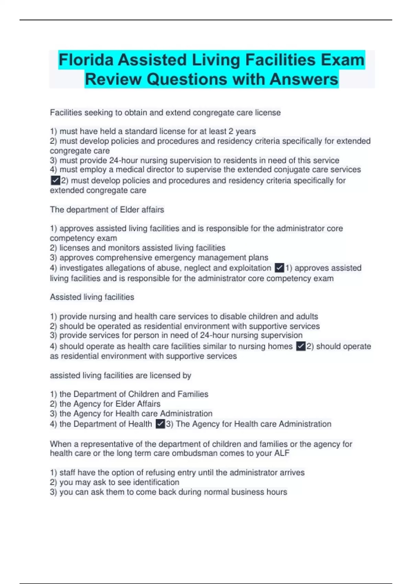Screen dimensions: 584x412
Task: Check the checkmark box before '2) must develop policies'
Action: tap(55, 180)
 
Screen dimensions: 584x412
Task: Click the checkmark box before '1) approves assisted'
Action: tap(279, 268)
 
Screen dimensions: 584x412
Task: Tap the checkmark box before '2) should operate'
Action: tap(301, 346)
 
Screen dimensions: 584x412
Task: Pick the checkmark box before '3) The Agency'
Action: tap(160, 424)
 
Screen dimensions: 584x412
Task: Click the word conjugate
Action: tap(291, 170)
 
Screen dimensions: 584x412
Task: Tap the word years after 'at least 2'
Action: tap(245, 132)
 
